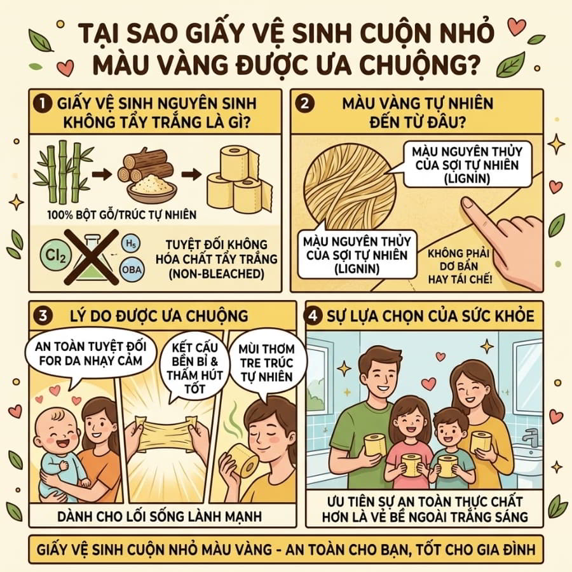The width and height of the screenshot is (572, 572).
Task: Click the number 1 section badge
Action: (x=42, y=104)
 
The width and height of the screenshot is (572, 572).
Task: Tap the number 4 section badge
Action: (x=314, y=315)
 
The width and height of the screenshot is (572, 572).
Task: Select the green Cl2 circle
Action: (x=55, y=255)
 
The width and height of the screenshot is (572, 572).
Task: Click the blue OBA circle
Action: (x=132, y=269)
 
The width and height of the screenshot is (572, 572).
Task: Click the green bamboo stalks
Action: (x=63, y=172)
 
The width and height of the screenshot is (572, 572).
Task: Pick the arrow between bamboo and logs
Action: (x=102, y=174)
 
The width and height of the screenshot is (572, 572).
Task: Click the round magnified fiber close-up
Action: (x=350, y=186)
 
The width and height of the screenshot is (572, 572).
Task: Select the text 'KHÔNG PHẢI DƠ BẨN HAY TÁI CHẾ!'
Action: (x=460, y=266)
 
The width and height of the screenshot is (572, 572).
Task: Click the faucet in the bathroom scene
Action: (x=529, y=437)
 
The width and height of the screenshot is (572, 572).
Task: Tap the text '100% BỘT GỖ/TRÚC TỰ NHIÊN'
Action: (x=122, y=215)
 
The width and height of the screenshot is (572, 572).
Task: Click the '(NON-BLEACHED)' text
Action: (x=216, y=273)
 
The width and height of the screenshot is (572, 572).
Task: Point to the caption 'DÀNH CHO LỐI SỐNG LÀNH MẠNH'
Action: (x=160, y=516)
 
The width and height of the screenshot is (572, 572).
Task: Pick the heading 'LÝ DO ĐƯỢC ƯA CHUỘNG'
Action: (x=159, y=316)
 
